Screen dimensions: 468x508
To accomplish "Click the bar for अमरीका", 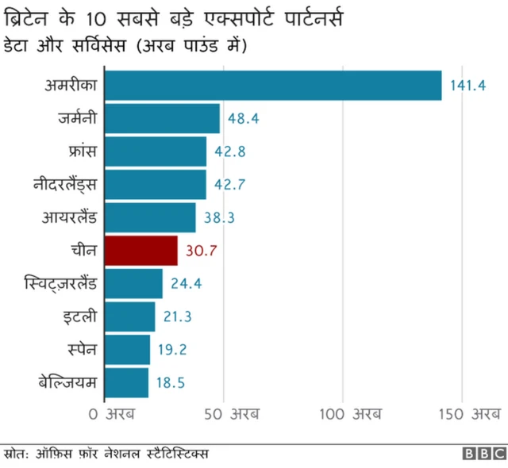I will pyautogui.click(x=272, y=86).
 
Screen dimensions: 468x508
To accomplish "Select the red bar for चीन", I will pyautogui.click(x=140, y=251).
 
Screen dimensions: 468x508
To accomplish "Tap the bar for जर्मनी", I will pyautogui.click(x=162, y=119).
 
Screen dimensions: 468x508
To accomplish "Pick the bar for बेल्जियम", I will pyautogui.click(x=126, y=382).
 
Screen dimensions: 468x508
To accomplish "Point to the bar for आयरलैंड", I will pyautogui.click(x=150, y=217).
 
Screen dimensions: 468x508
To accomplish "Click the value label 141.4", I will pyautogui.click(x=468, y=86).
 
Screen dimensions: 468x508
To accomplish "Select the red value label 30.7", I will pyautogui.click(x=202, y=251).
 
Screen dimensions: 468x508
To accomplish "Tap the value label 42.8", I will pyautogui.click(x=230, y=152).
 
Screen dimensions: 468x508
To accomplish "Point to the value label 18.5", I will pyautogui.click(x=170, y=382).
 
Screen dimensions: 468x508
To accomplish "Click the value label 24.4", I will pyautogui.click(x=187, y=283).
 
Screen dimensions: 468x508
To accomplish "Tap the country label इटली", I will pyautogui.click(x=80, y=316).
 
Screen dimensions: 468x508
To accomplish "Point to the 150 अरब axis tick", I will pyautogui.click(x=473, y=413).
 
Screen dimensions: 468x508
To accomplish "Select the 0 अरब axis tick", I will pyautogui.click(x=111, y=413).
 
